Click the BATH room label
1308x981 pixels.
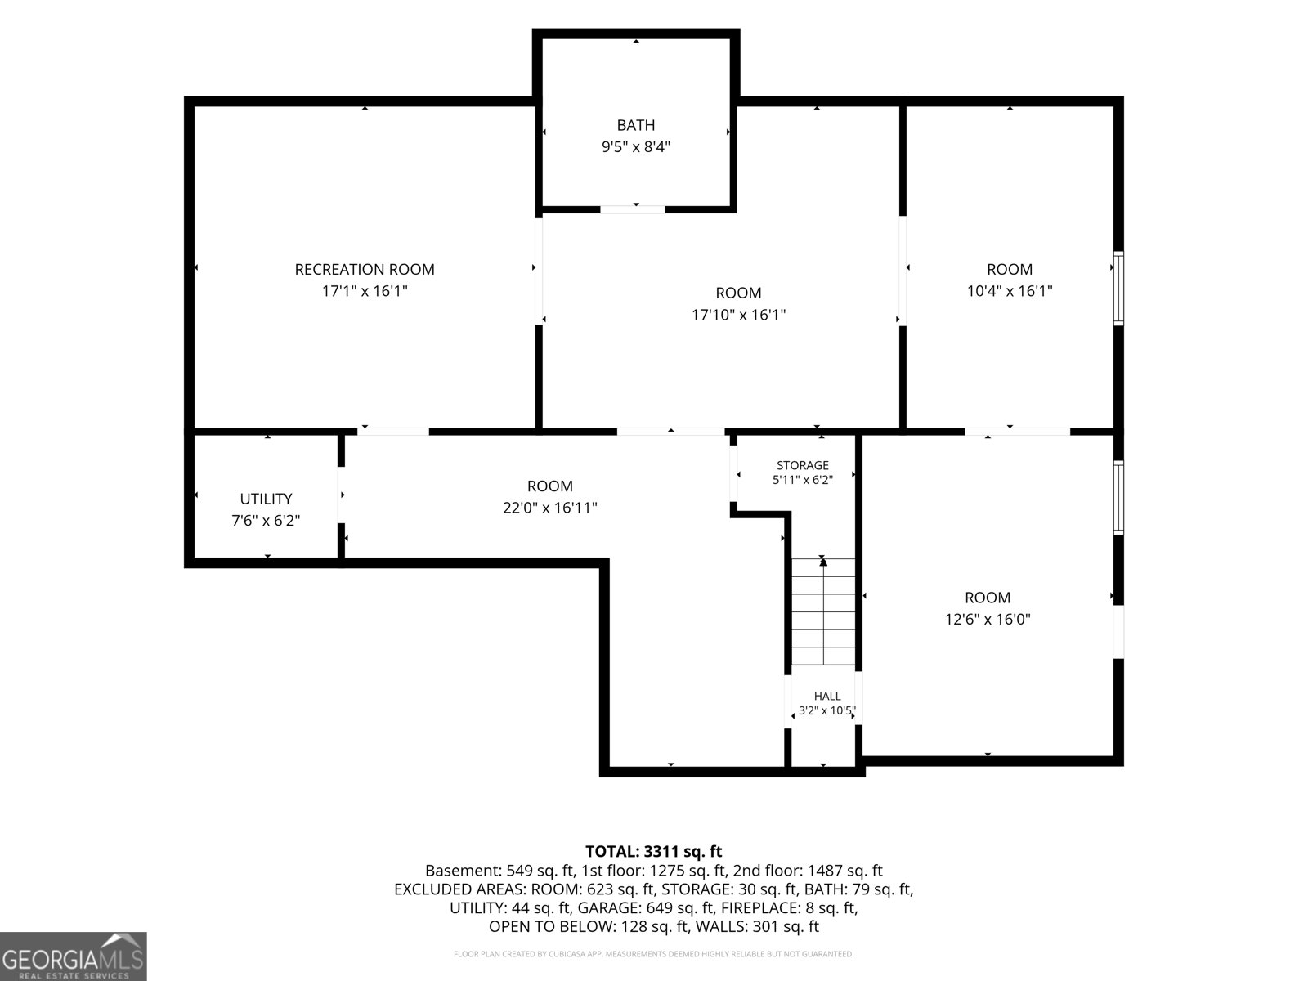635,125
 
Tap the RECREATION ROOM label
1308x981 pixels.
365,269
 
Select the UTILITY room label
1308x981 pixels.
266,499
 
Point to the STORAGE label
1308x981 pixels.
802,465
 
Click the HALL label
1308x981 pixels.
827,696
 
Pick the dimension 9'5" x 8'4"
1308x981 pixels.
636,146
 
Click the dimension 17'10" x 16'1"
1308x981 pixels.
738,315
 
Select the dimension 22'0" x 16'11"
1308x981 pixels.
550,508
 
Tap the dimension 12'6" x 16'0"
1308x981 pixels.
988,619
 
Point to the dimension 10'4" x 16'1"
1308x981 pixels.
1010,291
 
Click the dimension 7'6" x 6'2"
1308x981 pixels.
266,520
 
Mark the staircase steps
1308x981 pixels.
823,611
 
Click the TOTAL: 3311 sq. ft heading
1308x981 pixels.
654,851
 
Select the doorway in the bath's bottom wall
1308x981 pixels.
632,209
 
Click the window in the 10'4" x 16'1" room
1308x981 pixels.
1118,289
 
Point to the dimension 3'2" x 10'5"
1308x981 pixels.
827,710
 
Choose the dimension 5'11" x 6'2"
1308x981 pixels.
803,480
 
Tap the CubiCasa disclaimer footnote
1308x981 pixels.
654,954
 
